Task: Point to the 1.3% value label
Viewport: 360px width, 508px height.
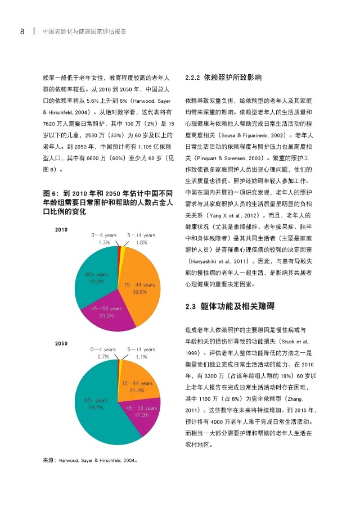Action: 103,242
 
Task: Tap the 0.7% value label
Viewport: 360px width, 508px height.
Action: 103,356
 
